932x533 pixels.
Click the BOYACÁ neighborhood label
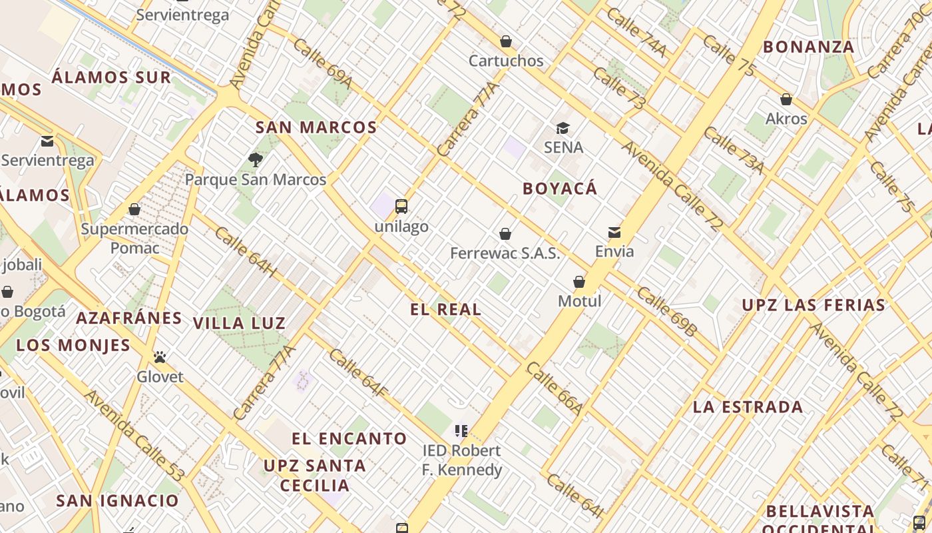pyautogui.click(x=560, y=189)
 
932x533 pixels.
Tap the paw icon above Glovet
pyautogui.click(x=160, y=358)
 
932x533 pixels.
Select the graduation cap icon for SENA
pyautogui.click(x=563, y=128)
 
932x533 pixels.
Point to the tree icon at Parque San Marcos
pyautogui.click(x=255, y=160)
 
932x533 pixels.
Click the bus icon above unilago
pyautogui.click(x=401, y=207)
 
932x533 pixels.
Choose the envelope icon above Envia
pyautogui.click(x=614, y=233)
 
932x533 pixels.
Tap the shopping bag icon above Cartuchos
pyautogui.click(x=506, y=42)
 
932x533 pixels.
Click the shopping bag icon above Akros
pyautogui.click(x=786, y=100)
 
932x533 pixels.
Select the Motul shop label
pyautogui.click(x=579, y=301)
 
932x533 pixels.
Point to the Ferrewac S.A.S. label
pyautogui.click(x=505, y=253)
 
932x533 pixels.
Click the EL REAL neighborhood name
pyautogui.click(x=445, y=309)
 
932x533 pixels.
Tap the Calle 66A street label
pyautogui.click(x=555, y=388)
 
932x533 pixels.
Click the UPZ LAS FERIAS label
pyautogui.click(x=814, y=306)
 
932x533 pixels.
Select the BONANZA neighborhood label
pyautogui.click(x=808, y=47)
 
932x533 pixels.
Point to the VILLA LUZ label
pyautogui.click(x=239, y=324)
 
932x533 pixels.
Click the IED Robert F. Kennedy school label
pyautogui.click(x=462, y=460)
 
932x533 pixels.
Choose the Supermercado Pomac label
pyautogui.click(x=134, y=239)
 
